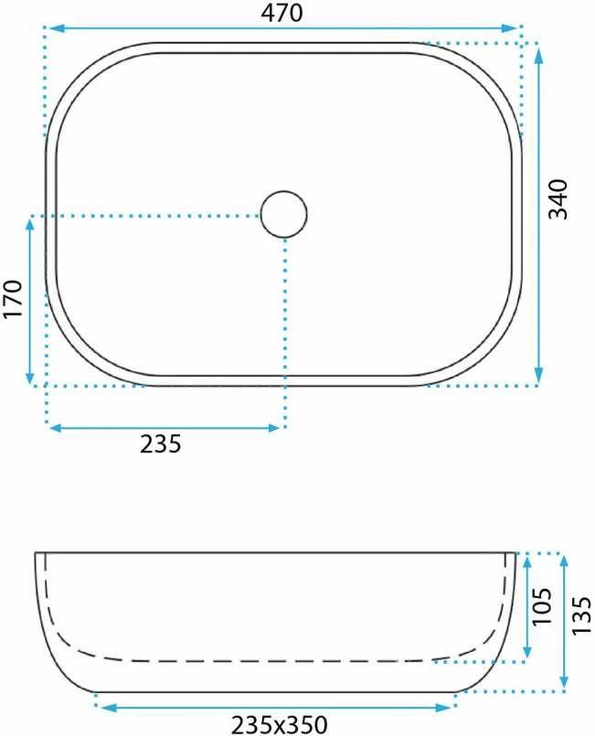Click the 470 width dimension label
282,13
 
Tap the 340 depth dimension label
558,199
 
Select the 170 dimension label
13,299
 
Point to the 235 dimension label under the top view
161,443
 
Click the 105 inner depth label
542,606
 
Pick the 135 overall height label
582,616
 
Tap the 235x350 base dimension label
279,724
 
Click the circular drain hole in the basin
284,215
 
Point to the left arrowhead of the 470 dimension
57,28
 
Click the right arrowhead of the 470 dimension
509,28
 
